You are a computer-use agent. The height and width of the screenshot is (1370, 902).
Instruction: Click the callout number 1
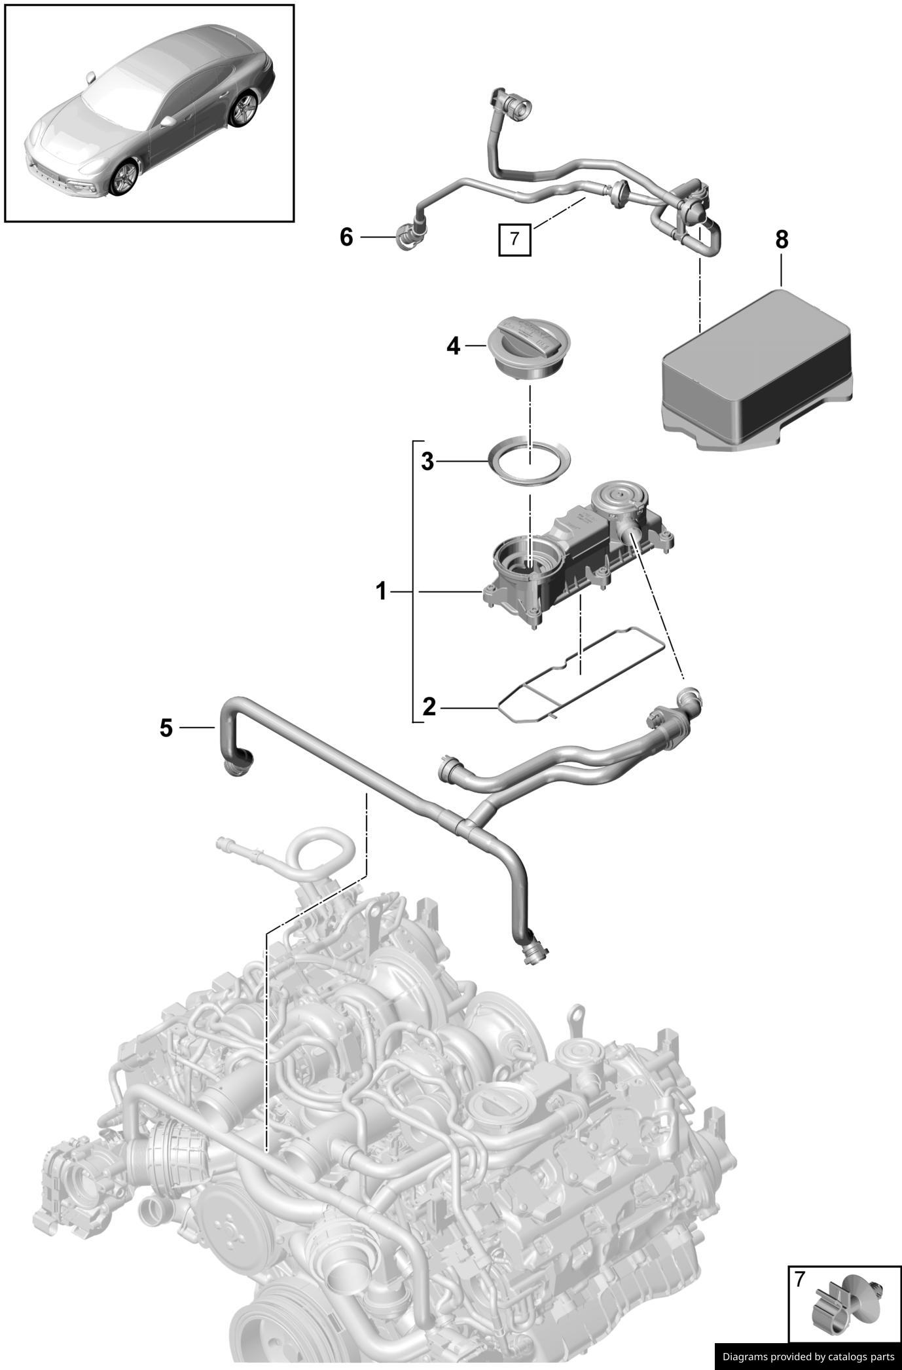[x=381, y=592]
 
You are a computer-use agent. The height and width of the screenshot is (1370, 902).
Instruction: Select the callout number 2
[x=429, y=707]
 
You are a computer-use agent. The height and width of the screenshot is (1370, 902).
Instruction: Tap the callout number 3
[x=427, y=462]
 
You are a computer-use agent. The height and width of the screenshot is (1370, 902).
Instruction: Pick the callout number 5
[x=166, y=727]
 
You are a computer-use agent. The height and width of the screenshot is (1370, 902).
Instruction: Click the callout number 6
[x=346, y=236]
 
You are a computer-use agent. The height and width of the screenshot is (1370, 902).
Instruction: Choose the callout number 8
[x=782, y=240]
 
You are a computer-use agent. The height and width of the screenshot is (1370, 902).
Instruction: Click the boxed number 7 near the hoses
[x=514, y=239]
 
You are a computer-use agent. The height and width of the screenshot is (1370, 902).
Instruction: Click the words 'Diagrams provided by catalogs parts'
[x=807, y=1356]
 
